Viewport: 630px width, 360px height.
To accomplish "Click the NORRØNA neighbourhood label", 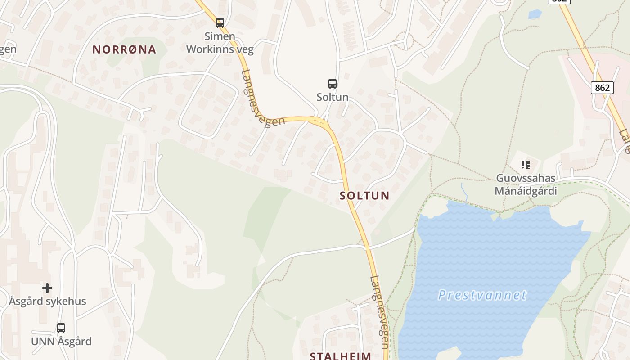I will point(124,49).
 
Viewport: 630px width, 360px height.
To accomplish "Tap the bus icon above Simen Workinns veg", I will point(220,22).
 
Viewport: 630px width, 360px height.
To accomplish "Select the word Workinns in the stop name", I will point(210,49).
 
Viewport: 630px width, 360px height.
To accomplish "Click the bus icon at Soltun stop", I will point(332,83).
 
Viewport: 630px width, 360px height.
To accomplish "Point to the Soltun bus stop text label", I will point(332,97).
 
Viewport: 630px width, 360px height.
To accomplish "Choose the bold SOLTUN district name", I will point(364,196).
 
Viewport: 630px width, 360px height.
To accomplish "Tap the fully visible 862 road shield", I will point(602,87).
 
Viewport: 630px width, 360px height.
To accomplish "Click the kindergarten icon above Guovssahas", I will point(525,165).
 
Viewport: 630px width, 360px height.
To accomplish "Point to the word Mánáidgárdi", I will point(526,191).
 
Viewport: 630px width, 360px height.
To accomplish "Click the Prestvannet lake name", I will point(482,295).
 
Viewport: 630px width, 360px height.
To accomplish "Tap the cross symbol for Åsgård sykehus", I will point(47,288).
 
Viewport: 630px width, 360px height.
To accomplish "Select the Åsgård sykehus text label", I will point(47,301).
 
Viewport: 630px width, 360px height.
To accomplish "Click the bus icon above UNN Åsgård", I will point(61,328).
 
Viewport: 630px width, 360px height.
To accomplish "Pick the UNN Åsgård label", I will point(61,341).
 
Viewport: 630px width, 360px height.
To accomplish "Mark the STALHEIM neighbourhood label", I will point(341,356).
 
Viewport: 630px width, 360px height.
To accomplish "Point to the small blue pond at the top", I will point(535,14).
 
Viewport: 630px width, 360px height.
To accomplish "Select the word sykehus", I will point(66,301).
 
